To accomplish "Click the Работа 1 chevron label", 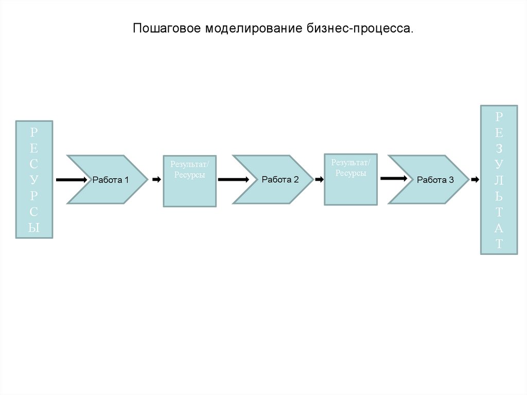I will (110, 180).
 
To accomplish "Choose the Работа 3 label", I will (435, 180).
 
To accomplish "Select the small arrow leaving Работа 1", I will (155, 179).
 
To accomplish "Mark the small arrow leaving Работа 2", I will (319, 179).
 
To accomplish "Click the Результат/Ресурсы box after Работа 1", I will (189, 181).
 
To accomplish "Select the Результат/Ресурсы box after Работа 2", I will (350, 179).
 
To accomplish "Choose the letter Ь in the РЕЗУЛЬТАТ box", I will (499, 196).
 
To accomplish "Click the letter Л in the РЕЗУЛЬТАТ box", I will (499, 180).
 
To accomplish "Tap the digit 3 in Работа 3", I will (451, 180).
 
